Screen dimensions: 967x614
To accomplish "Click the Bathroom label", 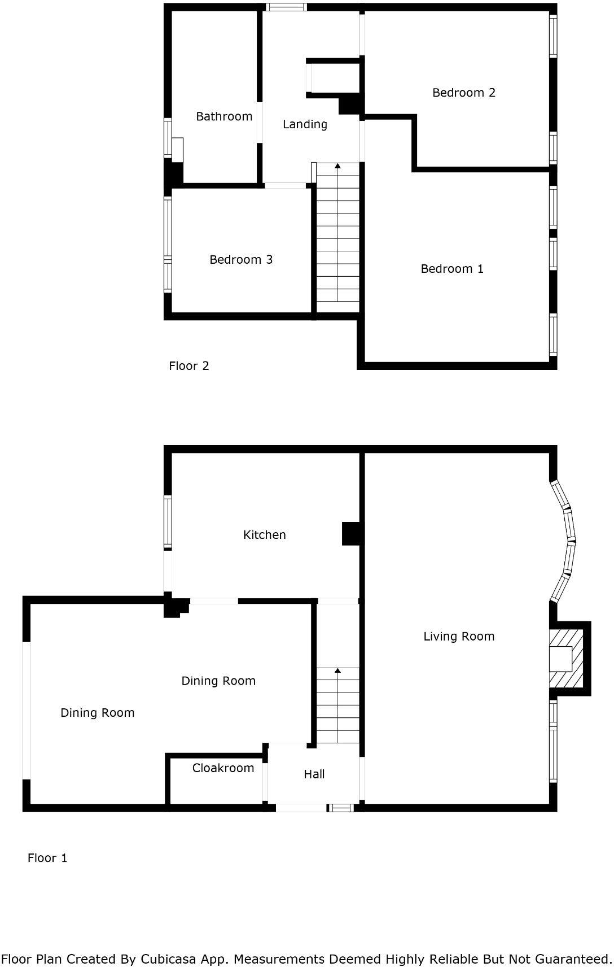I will [x=224, y=116].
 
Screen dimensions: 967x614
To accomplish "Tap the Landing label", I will [x=305, y=124].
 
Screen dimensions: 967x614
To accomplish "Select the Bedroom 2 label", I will [x=464, y=93].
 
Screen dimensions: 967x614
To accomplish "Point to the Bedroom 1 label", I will [x=452, y=269].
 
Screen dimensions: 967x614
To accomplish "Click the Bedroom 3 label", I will [x=241, y=260].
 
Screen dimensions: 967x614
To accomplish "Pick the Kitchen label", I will [x=264, y=535].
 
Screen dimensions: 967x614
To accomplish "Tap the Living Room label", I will [x=459, y=637].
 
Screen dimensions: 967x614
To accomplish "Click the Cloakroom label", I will [x=223, y=768].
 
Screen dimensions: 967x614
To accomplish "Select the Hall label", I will [x=314, y=774].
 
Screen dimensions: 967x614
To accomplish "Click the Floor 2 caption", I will [x=189, y=366].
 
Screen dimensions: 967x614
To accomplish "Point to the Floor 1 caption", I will [x=47, y=858].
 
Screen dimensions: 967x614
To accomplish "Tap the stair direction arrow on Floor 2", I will [x=337, y=166].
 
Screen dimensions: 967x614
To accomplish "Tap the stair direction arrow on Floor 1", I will [x=337, y=670].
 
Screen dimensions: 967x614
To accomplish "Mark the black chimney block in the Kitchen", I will [x=352, y=534].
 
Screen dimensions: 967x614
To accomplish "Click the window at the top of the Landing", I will [x=286, y=7].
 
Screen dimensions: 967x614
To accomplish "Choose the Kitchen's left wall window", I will [x=168, y=522].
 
